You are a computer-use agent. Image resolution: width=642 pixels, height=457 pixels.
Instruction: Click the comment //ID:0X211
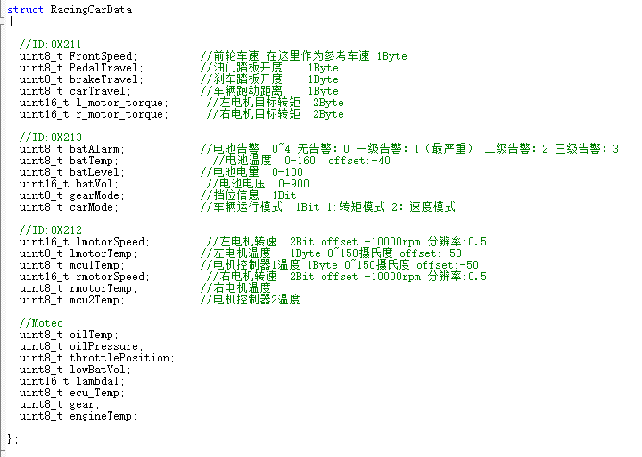[x=50, y=44]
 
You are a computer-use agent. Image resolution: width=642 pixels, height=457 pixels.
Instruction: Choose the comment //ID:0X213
[x=50, y=137]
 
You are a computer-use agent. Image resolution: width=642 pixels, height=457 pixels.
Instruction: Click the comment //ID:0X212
[x=50, y=229]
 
